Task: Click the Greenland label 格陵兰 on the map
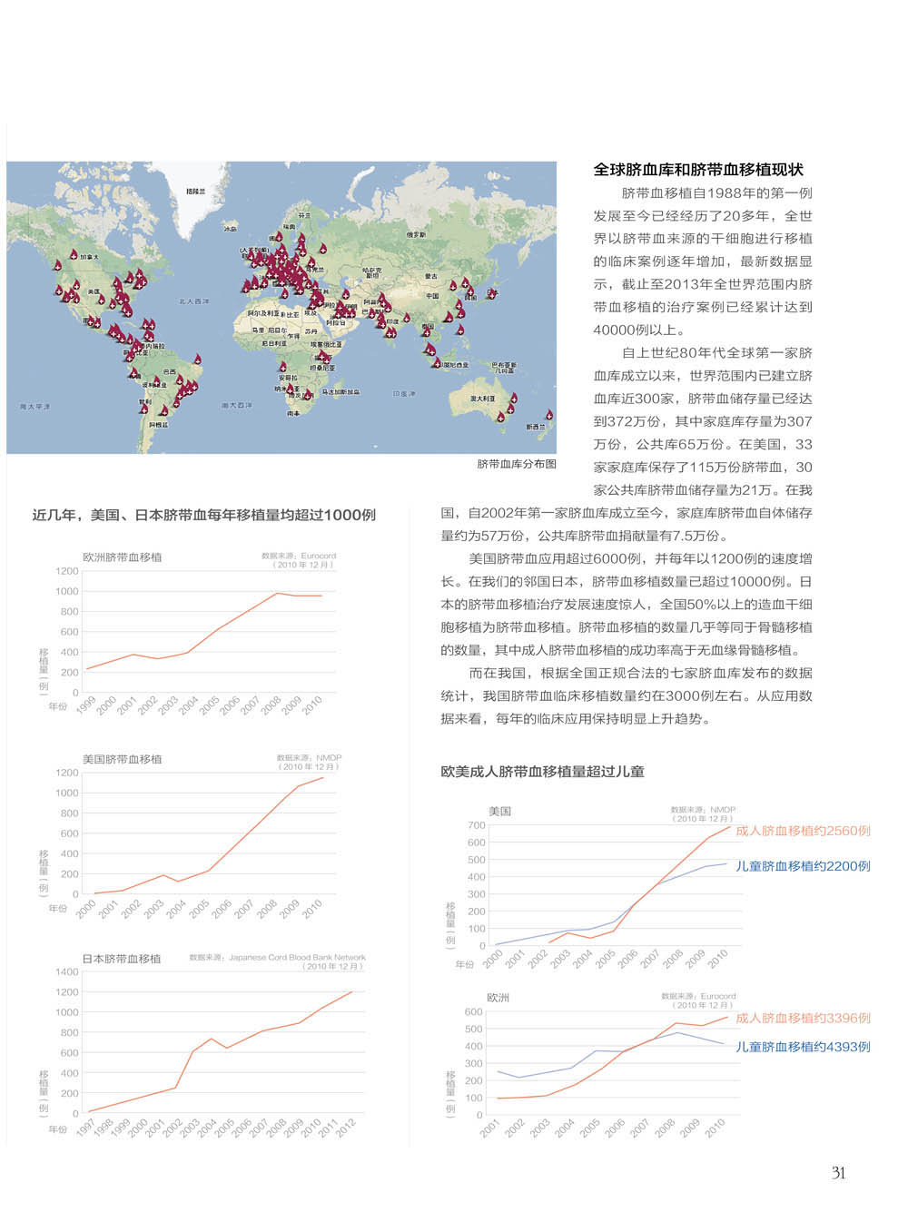tap(195, 192)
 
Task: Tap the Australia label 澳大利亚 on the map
tap(482, 399)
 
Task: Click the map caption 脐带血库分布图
tap(517, 464)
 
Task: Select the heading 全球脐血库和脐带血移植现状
tap(698, 170)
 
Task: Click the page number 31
tap(838, 1173)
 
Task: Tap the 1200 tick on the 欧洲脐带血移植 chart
tap(66, 571)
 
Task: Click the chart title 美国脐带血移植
tap(122, 759)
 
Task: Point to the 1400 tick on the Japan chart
tap(66, 971)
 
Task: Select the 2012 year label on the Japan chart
tap(346, 1129)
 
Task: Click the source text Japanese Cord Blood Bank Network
tap(297, 957)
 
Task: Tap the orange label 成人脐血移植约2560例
tap(803, 831)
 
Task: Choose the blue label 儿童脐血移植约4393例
tap(803, 1047)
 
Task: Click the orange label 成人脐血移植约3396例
tap(803, 1018)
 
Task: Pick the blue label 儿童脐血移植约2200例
tap(803, 866)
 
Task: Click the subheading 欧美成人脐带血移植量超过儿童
tap(542, 772)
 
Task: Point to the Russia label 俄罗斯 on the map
tap(416, 234)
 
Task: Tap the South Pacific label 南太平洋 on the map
tap(35, 407)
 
